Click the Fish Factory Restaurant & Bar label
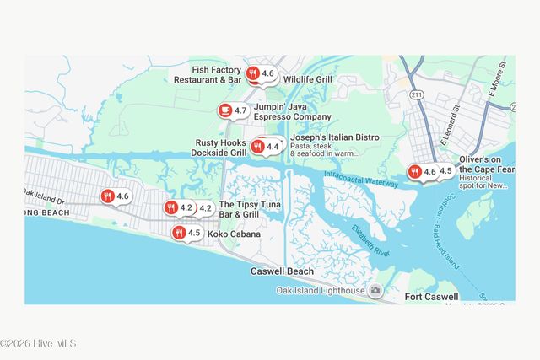(208, 74)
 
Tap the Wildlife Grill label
(308, 79)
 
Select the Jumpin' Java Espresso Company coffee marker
(224, 110)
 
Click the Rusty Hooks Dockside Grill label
(221, 148)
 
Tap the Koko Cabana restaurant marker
(179, 233)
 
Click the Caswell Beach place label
(282, 271)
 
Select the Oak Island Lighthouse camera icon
(375, 291)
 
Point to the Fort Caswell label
(431, 297)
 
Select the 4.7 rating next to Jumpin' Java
(240, 110)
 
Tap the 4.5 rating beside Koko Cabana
(194, 233)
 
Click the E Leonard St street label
(446, 126)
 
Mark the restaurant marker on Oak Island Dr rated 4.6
(107, 196)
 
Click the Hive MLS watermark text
(39, 343)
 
